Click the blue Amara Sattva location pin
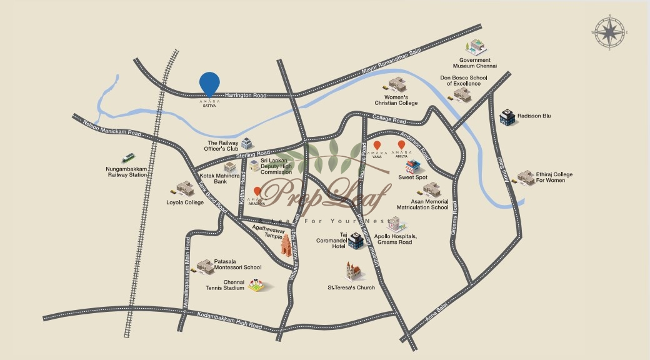point(209,83)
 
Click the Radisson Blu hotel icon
point(506,117)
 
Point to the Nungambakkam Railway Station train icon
point(129,158)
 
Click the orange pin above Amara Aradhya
point(257,192)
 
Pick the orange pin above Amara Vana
point(377,146)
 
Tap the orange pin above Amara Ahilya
point(401,146)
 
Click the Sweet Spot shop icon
point(412,166)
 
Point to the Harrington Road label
point(246,95)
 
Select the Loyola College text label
point(185,202)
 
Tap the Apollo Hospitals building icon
point(394,224)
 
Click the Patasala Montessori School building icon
point(205,267)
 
